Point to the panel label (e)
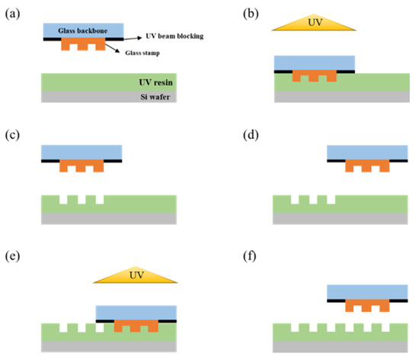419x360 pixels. click(x=13, y=256)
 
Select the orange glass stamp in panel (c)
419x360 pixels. click(x=82, y=165)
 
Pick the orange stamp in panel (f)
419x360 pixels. click(x=367, y=305)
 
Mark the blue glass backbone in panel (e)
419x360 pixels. click(x=136, y=310)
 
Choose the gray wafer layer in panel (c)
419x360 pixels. click(x=108, y=219)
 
